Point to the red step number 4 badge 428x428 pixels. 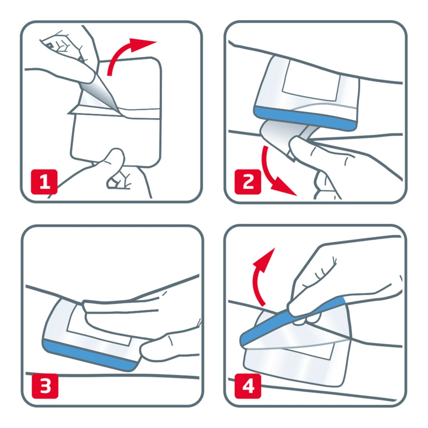pyautogui.click(x=248, y=386)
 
